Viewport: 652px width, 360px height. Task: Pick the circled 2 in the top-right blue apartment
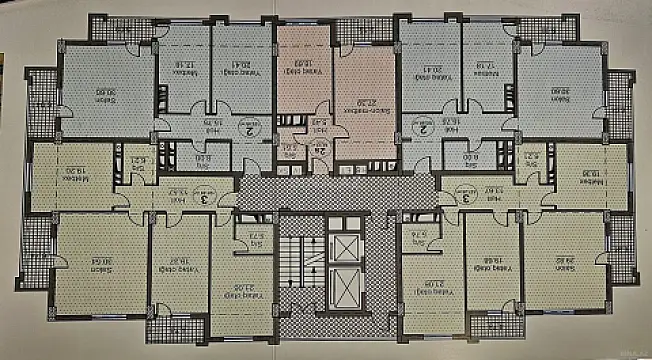tap(424, 128)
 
